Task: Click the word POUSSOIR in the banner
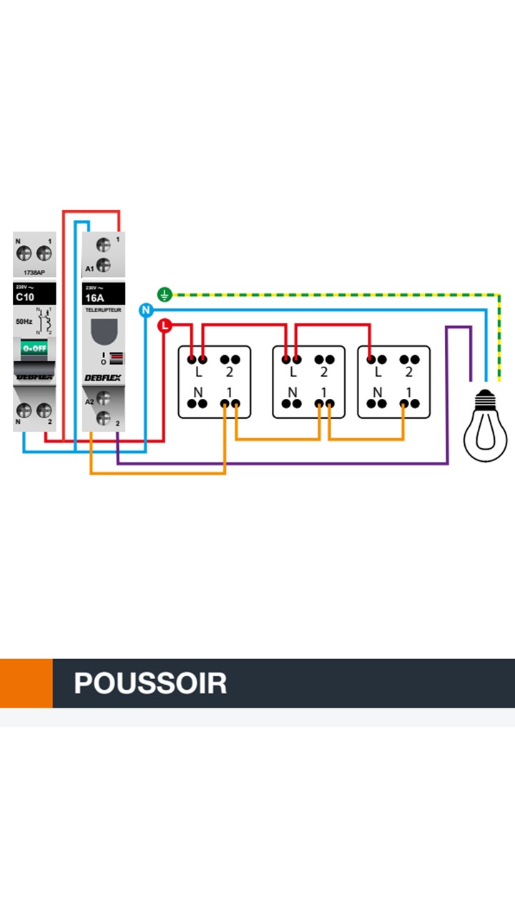coord(150,683)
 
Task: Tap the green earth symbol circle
coord(165,294)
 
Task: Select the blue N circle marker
coord(146,310)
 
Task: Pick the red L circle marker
coord(165,326)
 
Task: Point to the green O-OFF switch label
coord(34,348)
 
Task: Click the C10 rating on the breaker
coord(25,297)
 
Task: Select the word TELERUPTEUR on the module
coord(103,310)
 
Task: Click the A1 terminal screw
coord(103,266)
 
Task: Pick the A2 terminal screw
coord(103,399)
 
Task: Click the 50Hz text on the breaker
coord(24,322)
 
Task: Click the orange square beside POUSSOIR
coord(26,683)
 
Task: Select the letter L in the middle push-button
coord(292,372)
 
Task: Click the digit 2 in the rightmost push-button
coord(408,372)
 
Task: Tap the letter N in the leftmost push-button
coord(197,392)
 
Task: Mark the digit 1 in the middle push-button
coord(323,392)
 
